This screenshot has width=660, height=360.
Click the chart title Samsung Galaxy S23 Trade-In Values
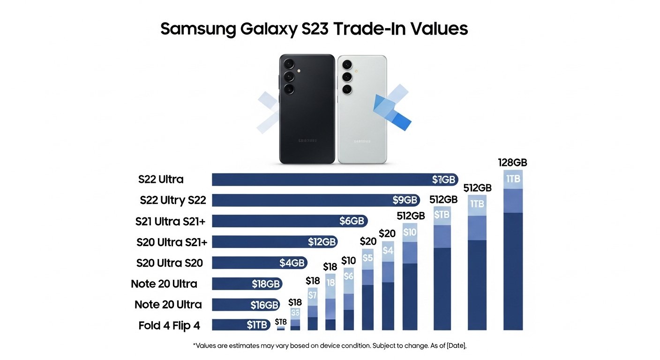pos(314,29)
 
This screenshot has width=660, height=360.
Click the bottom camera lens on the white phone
pos(347,89)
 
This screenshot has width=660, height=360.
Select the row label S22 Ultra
pos(161,179)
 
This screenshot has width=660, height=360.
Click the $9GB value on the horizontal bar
pos(405,200)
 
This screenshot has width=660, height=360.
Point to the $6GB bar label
pos(352,221)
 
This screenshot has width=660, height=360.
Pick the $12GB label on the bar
pos(322,242)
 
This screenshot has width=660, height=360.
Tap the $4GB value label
pos(292,262)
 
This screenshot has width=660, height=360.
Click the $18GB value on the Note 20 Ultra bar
pos(265,284)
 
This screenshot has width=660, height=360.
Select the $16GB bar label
pos(264,305)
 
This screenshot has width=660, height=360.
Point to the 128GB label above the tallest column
pos(512,163)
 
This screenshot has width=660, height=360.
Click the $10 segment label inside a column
pos(410,232)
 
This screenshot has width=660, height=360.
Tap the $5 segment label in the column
pos(368,258)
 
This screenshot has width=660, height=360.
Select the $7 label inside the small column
pos(313,295)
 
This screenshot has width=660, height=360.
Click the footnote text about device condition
pos(330,345)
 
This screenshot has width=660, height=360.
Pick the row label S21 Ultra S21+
pos(170,221)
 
